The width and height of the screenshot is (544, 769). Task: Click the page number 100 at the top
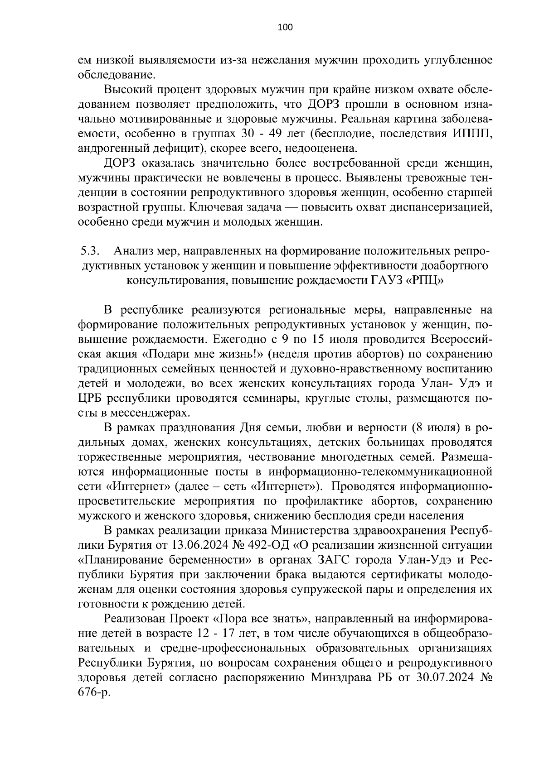tap(285, 27)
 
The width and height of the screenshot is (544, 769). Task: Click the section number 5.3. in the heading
tap(90, 250)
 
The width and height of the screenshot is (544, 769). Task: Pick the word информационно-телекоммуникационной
tap(380, 471)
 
